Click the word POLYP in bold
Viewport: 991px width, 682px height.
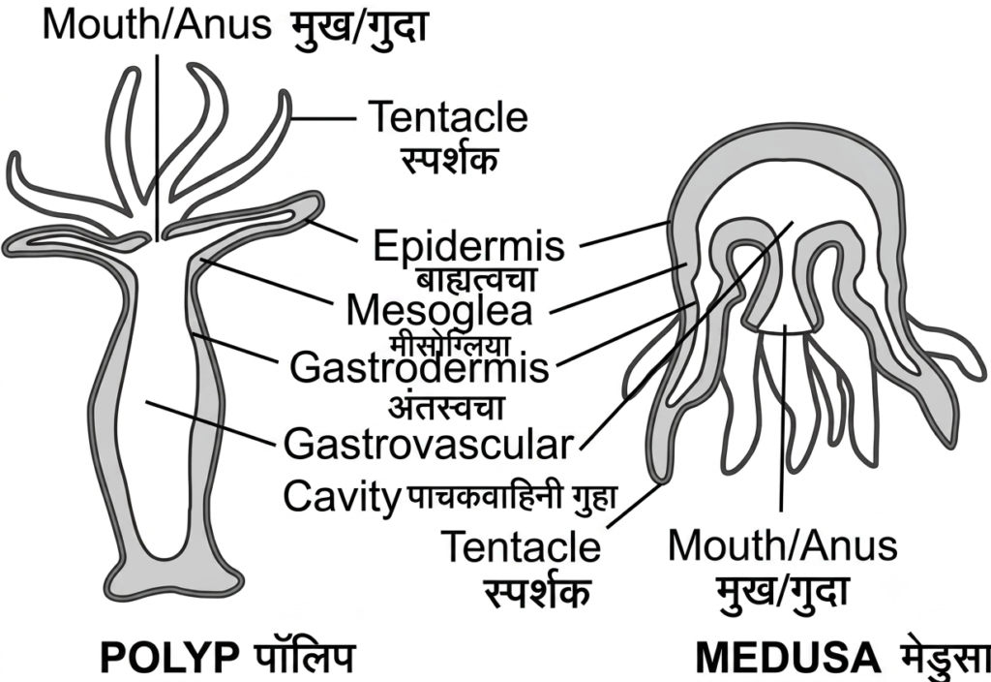pyautogui.click(x=169, y=659)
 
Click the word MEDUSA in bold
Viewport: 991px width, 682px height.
pyautogui.click(x=788, y=659)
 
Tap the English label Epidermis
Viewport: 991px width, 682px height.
pyautogui.click(x=468, y=245)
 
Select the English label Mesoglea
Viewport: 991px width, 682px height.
pyautogui.click(x=439, y=310)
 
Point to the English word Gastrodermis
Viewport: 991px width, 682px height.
pyautogui.click(x=419, y=367)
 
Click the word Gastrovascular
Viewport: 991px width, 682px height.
pyautogui.click(x=429, y=444)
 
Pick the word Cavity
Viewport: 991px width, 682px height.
pyautogui.click(x=342, y=497)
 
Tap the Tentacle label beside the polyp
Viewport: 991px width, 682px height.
pyautogui.click(x=448, y=116)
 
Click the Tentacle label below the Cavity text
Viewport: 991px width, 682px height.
pyautogui.click(x=521, y=546)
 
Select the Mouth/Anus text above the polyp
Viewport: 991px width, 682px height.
pyautogui.click(x=157, y=24)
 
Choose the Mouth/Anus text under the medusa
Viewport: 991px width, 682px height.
pyautogui.click(x=782, y=545)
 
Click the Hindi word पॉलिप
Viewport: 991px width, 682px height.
pyautogui.click(x=305, y=657)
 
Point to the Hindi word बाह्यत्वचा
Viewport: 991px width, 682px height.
pyautogui.click(x=476, y=279)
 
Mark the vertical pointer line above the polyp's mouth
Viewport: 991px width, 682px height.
pyautogui.click(x=157, y=147)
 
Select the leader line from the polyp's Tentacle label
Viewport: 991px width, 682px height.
pyautogui.click(x=323, y=117)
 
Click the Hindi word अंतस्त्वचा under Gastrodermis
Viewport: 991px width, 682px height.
pyautogui.click(x=446, y=407)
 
